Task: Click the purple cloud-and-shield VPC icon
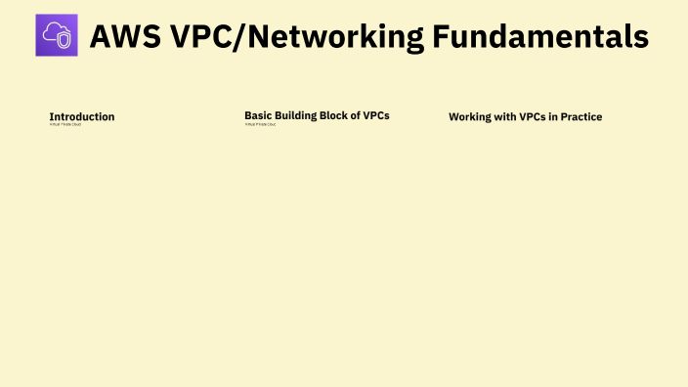(x=56, y=35)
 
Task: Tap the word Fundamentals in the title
(x=540, y=36)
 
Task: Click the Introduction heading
(x=82, y=116)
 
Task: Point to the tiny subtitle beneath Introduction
(x=65, y=125)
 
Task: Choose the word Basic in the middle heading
(x=257, y=115)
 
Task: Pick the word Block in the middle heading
(x=333, y=115)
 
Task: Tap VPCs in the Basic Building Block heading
(x=376, y=115)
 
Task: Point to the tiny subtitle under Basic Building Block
(x=260, y=124)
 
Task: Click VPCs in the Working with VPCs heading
(x=532, y=117)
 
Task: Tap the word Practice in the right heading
(x=582, y=117)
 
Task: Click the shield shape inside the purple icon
(x=63, y=40)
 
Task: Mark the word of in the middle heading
(x=356, y=115)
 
